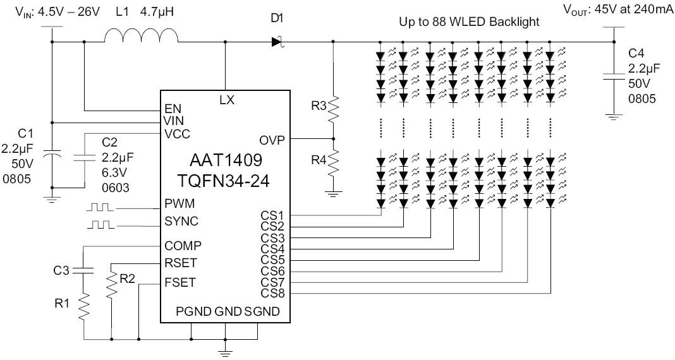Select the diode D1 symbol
(x=276, y=42)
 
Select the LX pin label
(x=226, y=99)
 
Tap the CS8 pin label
(x=273, y=293)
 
